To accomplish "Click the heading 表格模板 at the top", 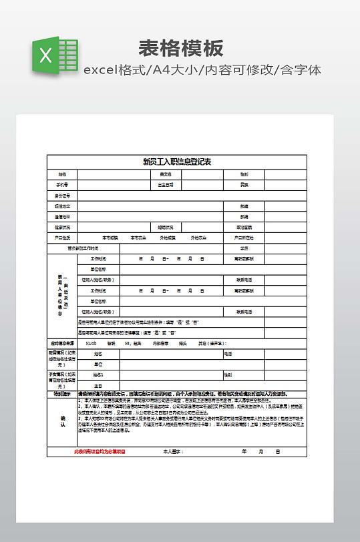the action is click(180, 48).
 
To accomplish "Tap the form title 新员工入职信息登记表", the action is click(177, 162).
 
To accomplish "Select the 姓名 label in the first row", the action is click(62, 174).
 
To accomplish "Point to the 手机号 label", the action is click(62, 184).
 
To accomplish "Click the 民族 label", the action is click(244, 184).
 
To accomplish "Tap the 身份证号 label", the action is click(62, 196).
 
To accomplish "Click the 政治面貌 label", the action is click(244, 227).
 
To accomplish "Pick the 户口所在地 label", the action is click(244, 238).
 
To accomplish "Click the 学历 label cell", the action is click(244, 248).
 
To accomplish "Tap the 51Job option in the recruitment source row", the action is click(92, 343).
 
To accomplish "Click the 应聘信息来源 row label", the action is click(62, 343).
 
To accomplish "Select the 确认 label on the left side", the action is click(62, 421).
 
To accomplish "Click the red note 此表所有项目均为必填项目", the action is click(100, 452).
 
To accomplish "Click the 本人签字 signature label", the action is click(173, 452).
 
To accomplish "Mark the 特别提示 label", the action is click(62, 394).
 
